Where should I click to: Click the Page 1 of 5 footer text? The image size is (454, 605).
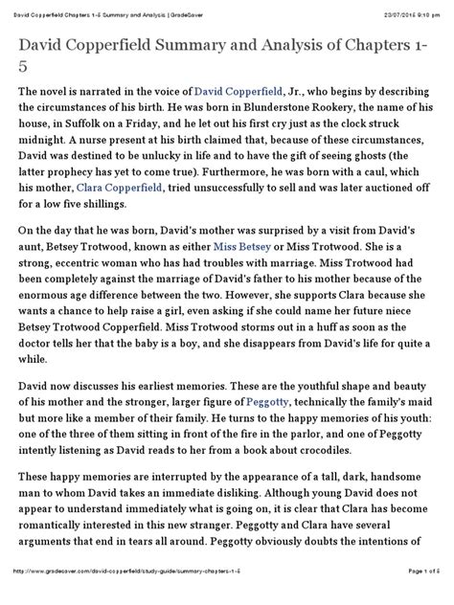tap(415, 596)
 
